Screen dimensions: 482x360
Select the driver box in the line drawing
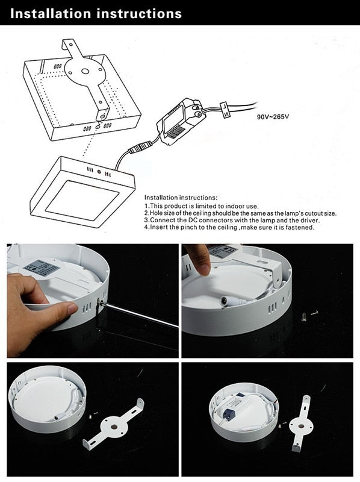pos(179,121)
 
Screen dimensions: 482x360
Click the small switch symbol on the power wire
pos(225,108)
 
